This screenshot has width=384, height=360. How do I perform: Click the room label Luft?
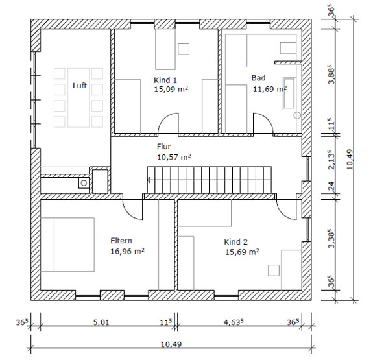pyautogui.click(x=80, y=86)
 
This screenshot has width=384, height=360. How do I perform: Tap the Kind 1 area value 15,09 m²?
pyautogui.click(x=171, y=89)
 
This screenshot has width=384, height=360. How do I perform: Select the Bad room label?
pyautogui.click(x=258, y=78)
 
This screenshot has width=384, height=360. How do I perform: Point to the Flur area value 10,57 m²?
pyautogui.click(x=174, y=157)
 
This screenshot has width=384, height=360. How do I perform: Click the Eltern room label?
pyautogui.click(x=121, y=241)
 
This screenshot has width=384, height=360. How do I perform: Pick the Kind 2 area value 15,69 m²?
pyautogui.click(x=242, y=252)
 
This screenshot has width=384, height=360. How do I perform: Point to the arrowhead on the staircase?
pyautogui.click(x=149, y=180)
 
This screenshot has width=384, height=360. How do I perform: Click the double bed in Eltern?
pyautogui.click(x=67, y=245)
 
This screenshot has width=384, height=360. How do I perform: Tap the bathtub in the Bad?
pyautogui.click(x=289, y=94)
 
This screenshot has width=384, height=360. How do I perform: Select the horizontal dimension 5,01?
pyautogui.click(x=101, y=322)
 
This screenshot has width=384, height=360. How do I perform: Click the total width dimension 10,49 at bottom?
pyautogui.click(x=171, y=344)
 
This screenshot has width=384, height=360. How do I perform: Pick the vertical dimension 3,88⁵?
pyautogui.click(x=331, y=75)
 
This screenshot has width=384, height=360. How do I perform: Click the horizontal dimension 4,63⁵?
pyautogui.click(x=234, y=322)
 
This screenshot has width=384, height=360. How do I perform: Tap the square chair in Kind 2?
pyautogui.click(x=274, y=270)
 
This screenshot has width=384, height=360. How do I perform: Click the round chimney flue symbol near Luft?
pyautogui.click(x=84, y=183)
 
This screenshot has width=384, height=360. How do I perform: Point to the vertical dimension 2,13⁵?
pyautogui.click(x=331, y=160)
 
